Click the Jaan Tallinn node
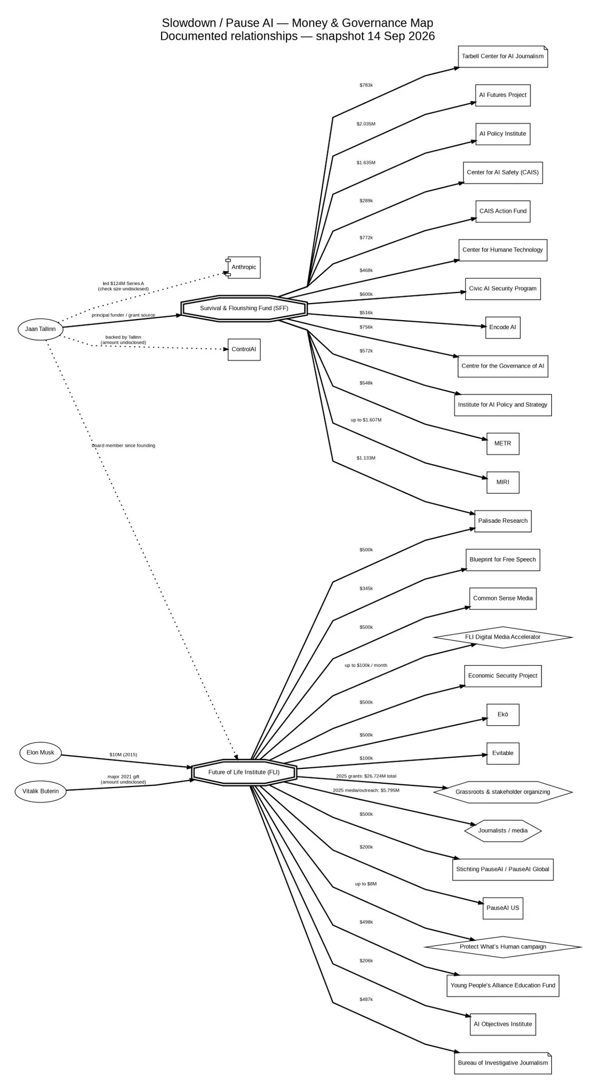40,329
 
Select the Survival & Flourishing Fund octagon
244,308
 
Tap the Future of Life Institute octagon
244,772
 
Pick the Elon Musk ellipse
40,752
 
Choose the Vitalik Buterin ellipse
40,791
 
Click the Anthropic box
243,267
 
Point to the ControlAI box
244,349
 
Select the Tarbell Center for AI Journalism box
503,56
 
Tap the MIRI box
503,482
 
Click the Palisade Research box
503,520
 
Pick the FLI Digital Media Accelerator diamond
503,637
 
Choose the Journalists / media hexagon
503,830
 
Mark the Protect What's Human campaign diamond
503,947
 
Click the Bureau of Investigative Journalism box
503,1063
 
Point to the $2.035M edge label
366,124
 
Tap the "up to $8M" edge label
366,884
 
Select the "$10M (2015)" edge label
123,755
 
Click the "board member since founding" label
123,445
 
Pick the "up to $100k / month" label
366,665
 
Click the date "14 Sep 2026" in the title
401,36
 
